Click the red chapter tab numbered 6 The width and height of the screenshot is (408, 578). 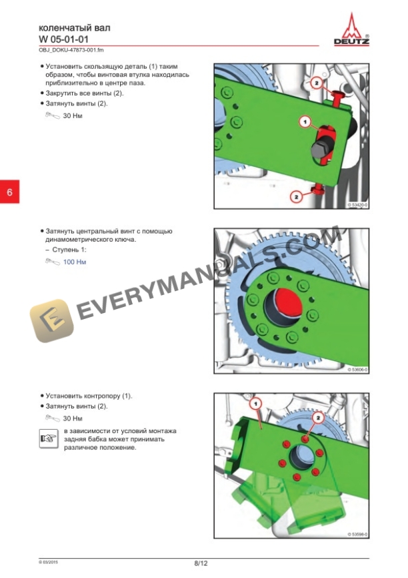pyautogui.click(x=9, y=192)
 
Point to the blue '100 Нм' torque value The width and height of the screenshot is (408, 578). pyautogui.click(x=74, y=262)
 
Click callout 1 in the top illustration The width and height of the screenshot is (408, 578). pyautogui.click(x=304, y=121)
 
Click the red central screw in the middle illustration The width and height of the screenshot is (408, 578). pyautogui.click(x=289, y=305)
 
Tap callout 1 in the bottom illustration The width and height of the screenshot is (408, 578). pyautogui.click(x=253, y=404)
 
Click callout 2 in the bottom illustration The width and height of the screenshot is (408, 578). pyautogui.click(x=319, y=416)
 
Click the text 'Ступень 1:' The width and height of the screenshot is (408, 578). pyautogui.click(x=69, y=249)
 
